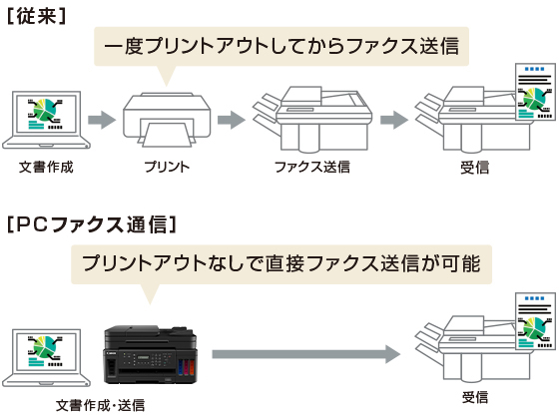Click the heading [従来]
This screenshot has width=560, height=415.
(37, 16)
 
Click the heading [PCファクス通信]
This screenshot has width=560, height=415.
(92, 224)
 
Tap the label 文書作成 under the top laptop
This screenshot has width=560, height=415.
(46, 167)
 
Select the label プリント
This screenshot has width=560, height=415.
(167, 167)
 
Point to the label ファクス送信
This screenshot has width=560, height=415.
(312, 167)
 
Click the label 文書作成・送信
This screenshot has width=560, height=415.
(101, 405)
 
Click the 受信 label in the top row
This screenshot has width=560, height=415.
(474, 168)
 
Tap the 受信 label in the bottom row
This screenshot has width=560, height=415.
(474, 397)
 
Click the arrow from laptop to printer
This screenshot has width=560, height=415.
(102, 120)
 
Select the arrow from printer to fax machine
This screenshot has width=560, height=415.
(232, 120)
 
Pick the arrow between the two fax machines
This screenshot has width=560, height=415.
(394, 120)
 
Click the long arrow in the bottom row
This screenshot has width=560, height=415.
(306, 354)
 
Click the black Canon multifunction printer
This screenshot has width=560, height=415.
(151, 355)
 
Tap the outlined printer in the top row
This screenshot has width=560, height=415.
(167, 120)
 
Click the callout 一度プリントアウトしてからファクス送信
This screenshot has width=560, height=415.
(281, 47)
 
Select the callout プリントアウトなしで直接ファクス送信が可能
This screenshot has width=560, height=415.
(281, 264)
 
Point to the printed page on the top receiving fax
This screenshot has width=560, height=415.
(535, 92)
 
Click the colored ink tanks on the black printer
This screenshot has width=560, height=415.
(187, 367)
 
